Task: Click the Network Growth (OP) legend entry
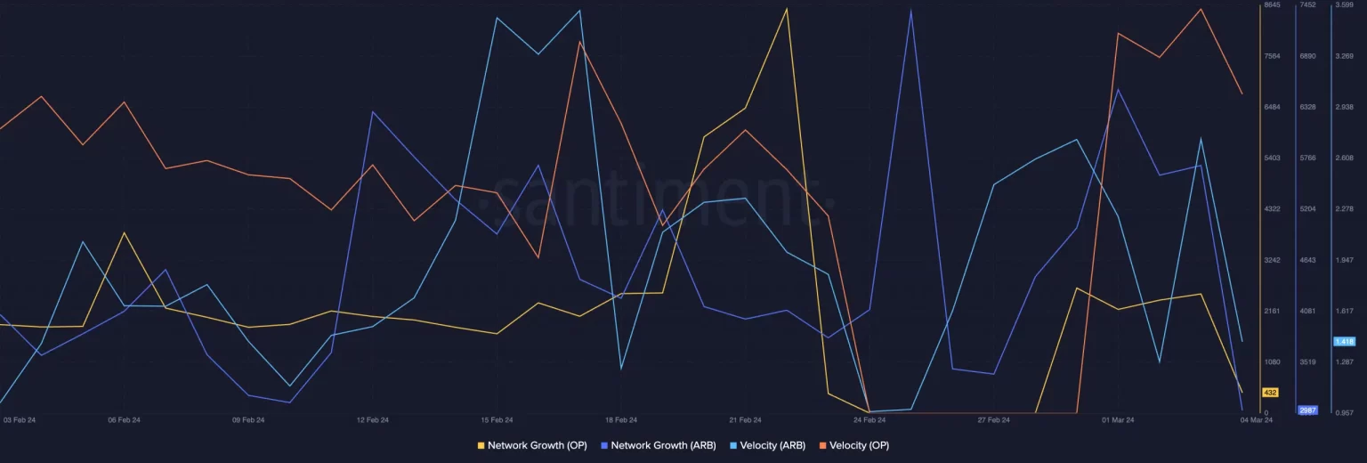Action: coord(532,445)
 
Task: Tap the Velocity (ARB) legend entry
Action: coord(767,445)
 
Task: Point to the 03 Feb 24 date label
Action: coord(20,419)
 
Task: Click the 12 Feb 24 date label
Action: coord(373,419)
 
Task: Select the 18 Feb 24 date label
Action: coord(620,419)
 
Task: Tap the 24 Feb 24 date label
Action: coord(870,419)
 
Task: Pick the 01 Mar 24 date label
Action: coord(1118,419)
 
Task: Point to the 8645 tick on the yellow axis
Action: coord(1272,5)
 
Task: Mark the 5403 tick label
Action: coord(1272,158)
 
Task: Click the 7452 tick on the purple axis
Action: coord(1307,5)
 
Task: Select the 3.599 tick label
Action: coord(1344,5)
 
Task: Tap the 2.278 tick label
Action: coord(1344,208)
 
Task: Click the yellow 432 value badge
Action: coord(1270,393)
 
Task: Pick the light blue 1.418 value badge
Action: coord(1343,342)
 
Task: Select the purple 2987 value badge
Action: coord(1307,410)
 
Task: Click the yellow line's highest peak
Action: coord(787,9)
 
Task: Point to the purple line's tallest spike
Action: coord(910,11)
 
